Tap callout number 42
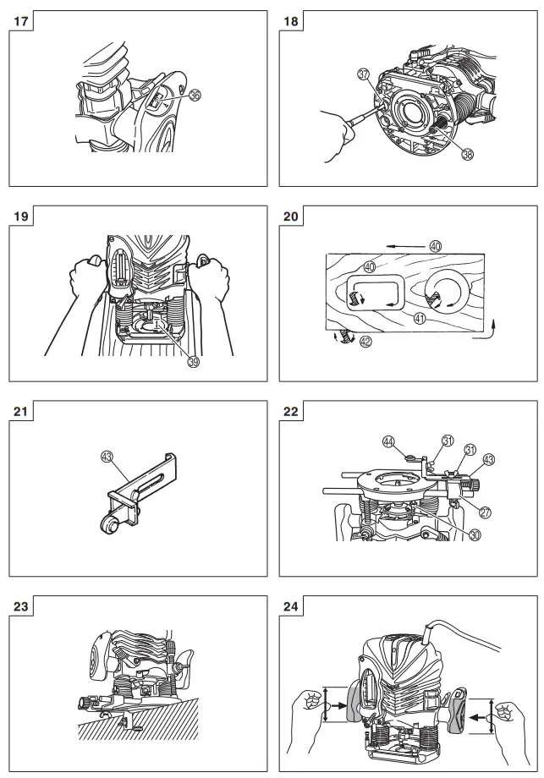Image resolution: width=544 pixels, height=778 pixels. (365, 342)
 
